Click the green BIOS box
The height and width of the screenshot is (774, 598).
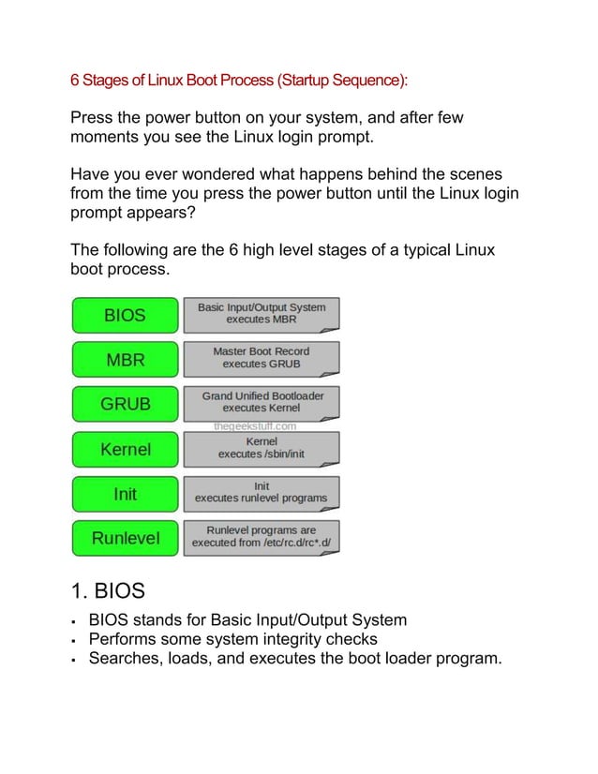125,315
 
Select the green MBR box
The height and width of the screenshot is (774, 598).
125,360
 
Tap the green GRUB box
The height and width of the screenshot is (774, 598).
125,404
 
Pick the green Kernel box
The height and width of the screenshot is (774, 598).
125,449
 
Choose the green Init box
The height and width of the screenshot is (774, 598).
125,494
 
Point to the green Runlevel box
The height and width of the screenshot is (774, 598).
125,538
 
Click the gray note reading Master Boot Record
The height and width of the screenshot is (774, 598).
262,360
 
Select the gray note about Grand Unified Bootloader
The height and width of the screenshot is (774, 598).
262,404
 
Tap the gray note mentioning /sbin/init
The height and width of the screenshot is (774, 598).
262,449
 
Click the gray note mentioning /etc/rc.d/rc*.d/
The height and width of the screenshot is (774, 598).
262,538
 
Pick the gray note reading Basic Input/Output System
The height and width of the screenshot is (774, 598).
262,315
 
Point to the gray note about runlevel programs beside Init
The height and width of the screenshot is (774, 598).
262,494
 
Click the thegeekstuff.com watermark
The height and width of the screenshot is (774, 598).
255,426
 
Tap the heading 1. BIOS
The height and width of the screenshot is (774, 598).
108,591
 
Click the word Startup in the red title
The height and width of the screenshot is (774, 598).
305,81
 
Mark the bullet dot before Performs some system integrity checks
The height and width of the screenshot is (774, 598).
73,641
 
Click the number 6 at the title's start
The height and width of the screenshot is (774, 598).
75,80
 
